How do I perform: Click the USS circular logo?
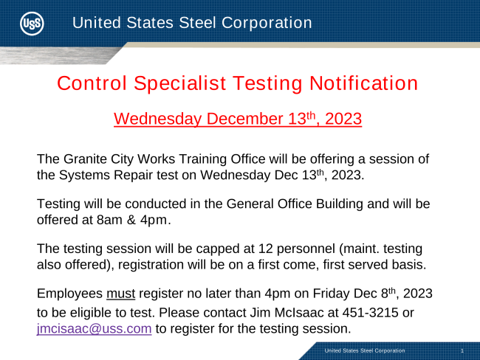[x=32, y=24]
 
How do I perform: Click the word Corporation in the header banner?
[x=267, y=23]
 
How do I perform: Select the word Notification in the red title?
[x=363, y=83]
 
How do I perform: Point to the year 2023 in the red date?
[x=343, y=119]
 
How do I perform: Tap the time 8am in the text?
[x=109, y=220]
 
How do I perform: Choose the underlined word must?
[x=120, y=294]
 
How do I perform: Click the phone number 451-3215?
[x=371, y=313]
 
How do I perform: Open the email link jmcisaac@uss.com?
[x=95, y=329]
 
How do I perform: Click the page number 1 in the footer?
[x=462, y=351]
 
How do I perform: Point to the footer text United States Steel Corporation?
[x=365, y=350]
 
